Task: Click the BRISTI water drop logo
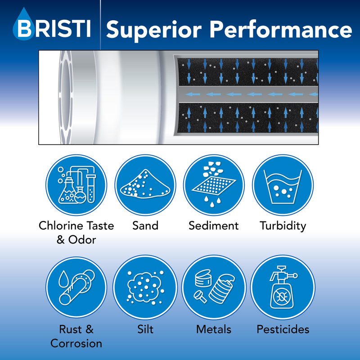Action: click(23, 24)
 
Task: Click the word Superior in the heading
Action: click(154, 30)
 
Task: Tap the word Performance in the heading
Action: click(281, 29)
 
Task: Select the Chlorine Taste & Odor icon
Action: click(76, 185)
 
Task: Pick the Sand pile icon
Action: click(145, 185)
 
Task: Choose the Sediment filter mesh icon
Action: click(214, 185)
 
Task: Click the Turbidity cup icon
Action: click(283, 185)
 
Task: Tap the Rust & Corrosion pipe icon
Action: click(76, 287)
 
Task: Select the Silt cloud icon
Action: click(145, 287)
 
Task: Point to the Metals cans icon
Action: click(214, 287)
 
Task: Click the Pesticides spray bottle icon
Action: click(283, 287)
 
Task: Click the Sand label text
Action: click(145, 225)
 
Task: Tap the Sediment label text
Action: click(213, 225)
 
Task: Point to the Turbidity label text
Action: click(283, 226)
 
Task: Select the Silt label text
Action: click(145, 329)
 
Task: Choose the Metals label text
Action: click(213, 329)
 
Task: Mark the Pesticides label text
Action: click(283, 329)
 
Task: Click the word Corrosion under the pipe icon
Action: click(76, 343)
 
